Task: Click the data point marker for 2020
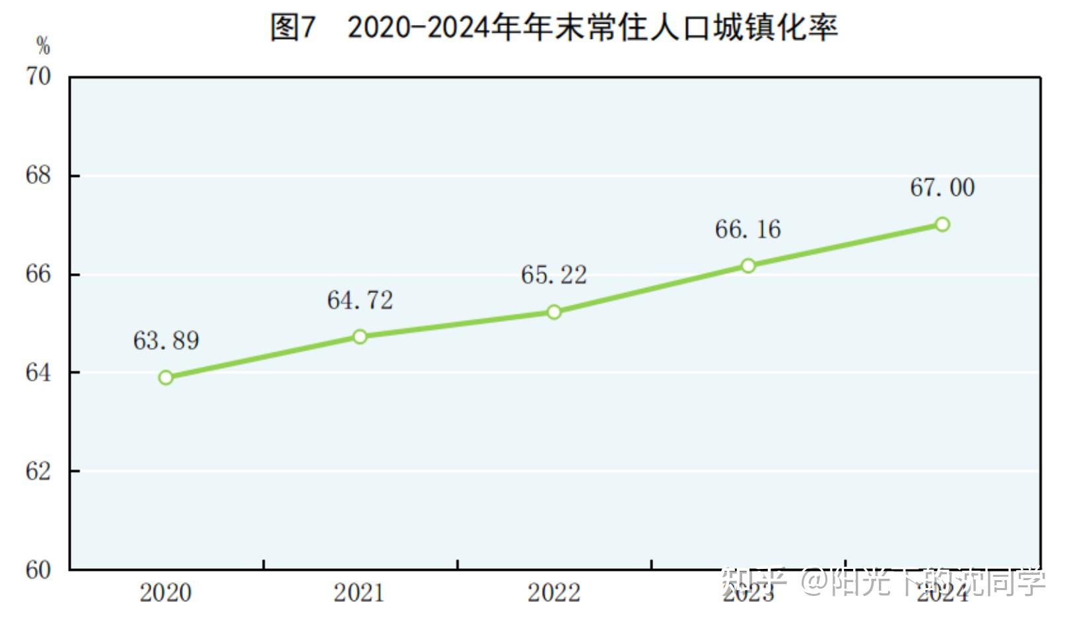click(x=166, y=378)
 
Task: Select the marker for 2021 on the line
click(x=360, y=337)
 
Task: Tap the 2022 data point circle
click(x=554, y=312)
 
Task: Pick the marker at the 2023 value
click(x=748, y=266)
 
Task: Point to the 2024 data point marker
click(x=942, y=224)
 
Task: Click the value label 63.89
click(x=166, y=341)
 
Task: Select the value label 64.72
click(x=360, y=300)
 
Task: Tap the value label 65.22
click(x=554, y=275)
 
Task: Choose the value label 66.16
click(x=748, y=230)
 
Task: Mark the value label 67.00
click(x=942, y=187)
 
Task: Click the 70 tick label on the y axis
click(x=38, y=77)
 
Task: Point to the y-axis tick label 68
click(x=38, y=176)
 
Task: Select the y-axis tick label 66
click(x=38, y=274)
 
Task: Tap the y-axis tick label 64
click(x=38, y=373)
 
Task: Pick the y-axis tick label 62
click(x=38, y=471)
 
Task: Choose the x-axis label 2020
click(x=166, y=593)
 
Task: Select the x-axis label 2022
click(x=554, y=593)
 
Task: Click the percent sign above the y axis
click(x=44, y=46)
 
